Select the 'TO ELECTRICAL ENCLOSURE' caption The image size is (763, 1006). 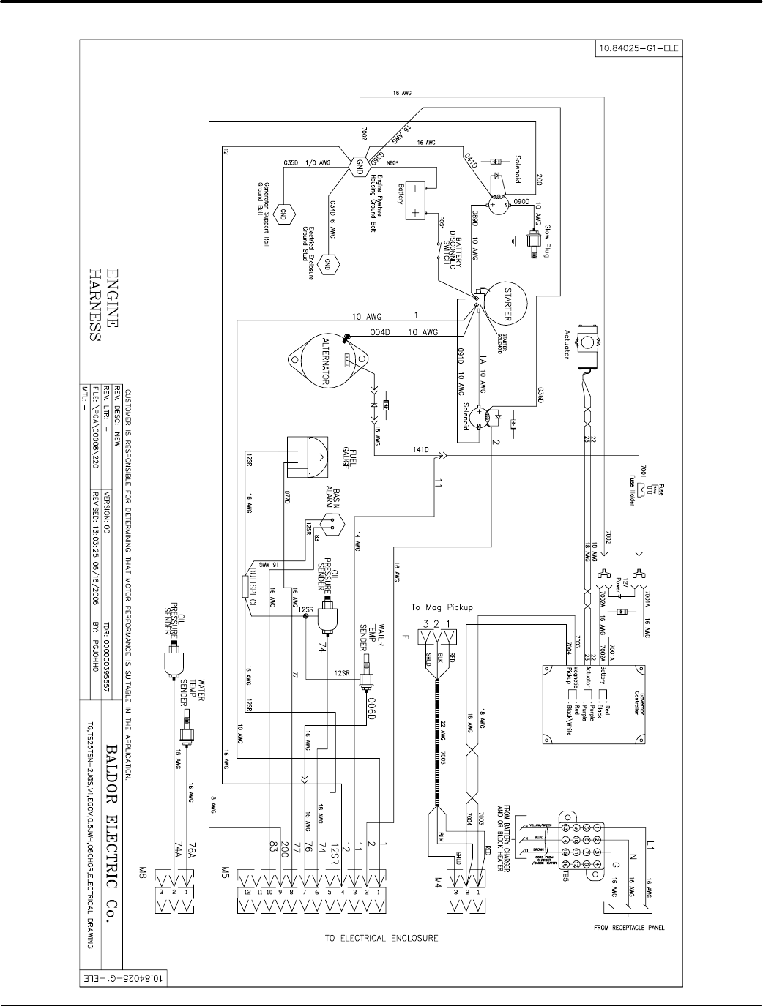pos(381,937)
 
